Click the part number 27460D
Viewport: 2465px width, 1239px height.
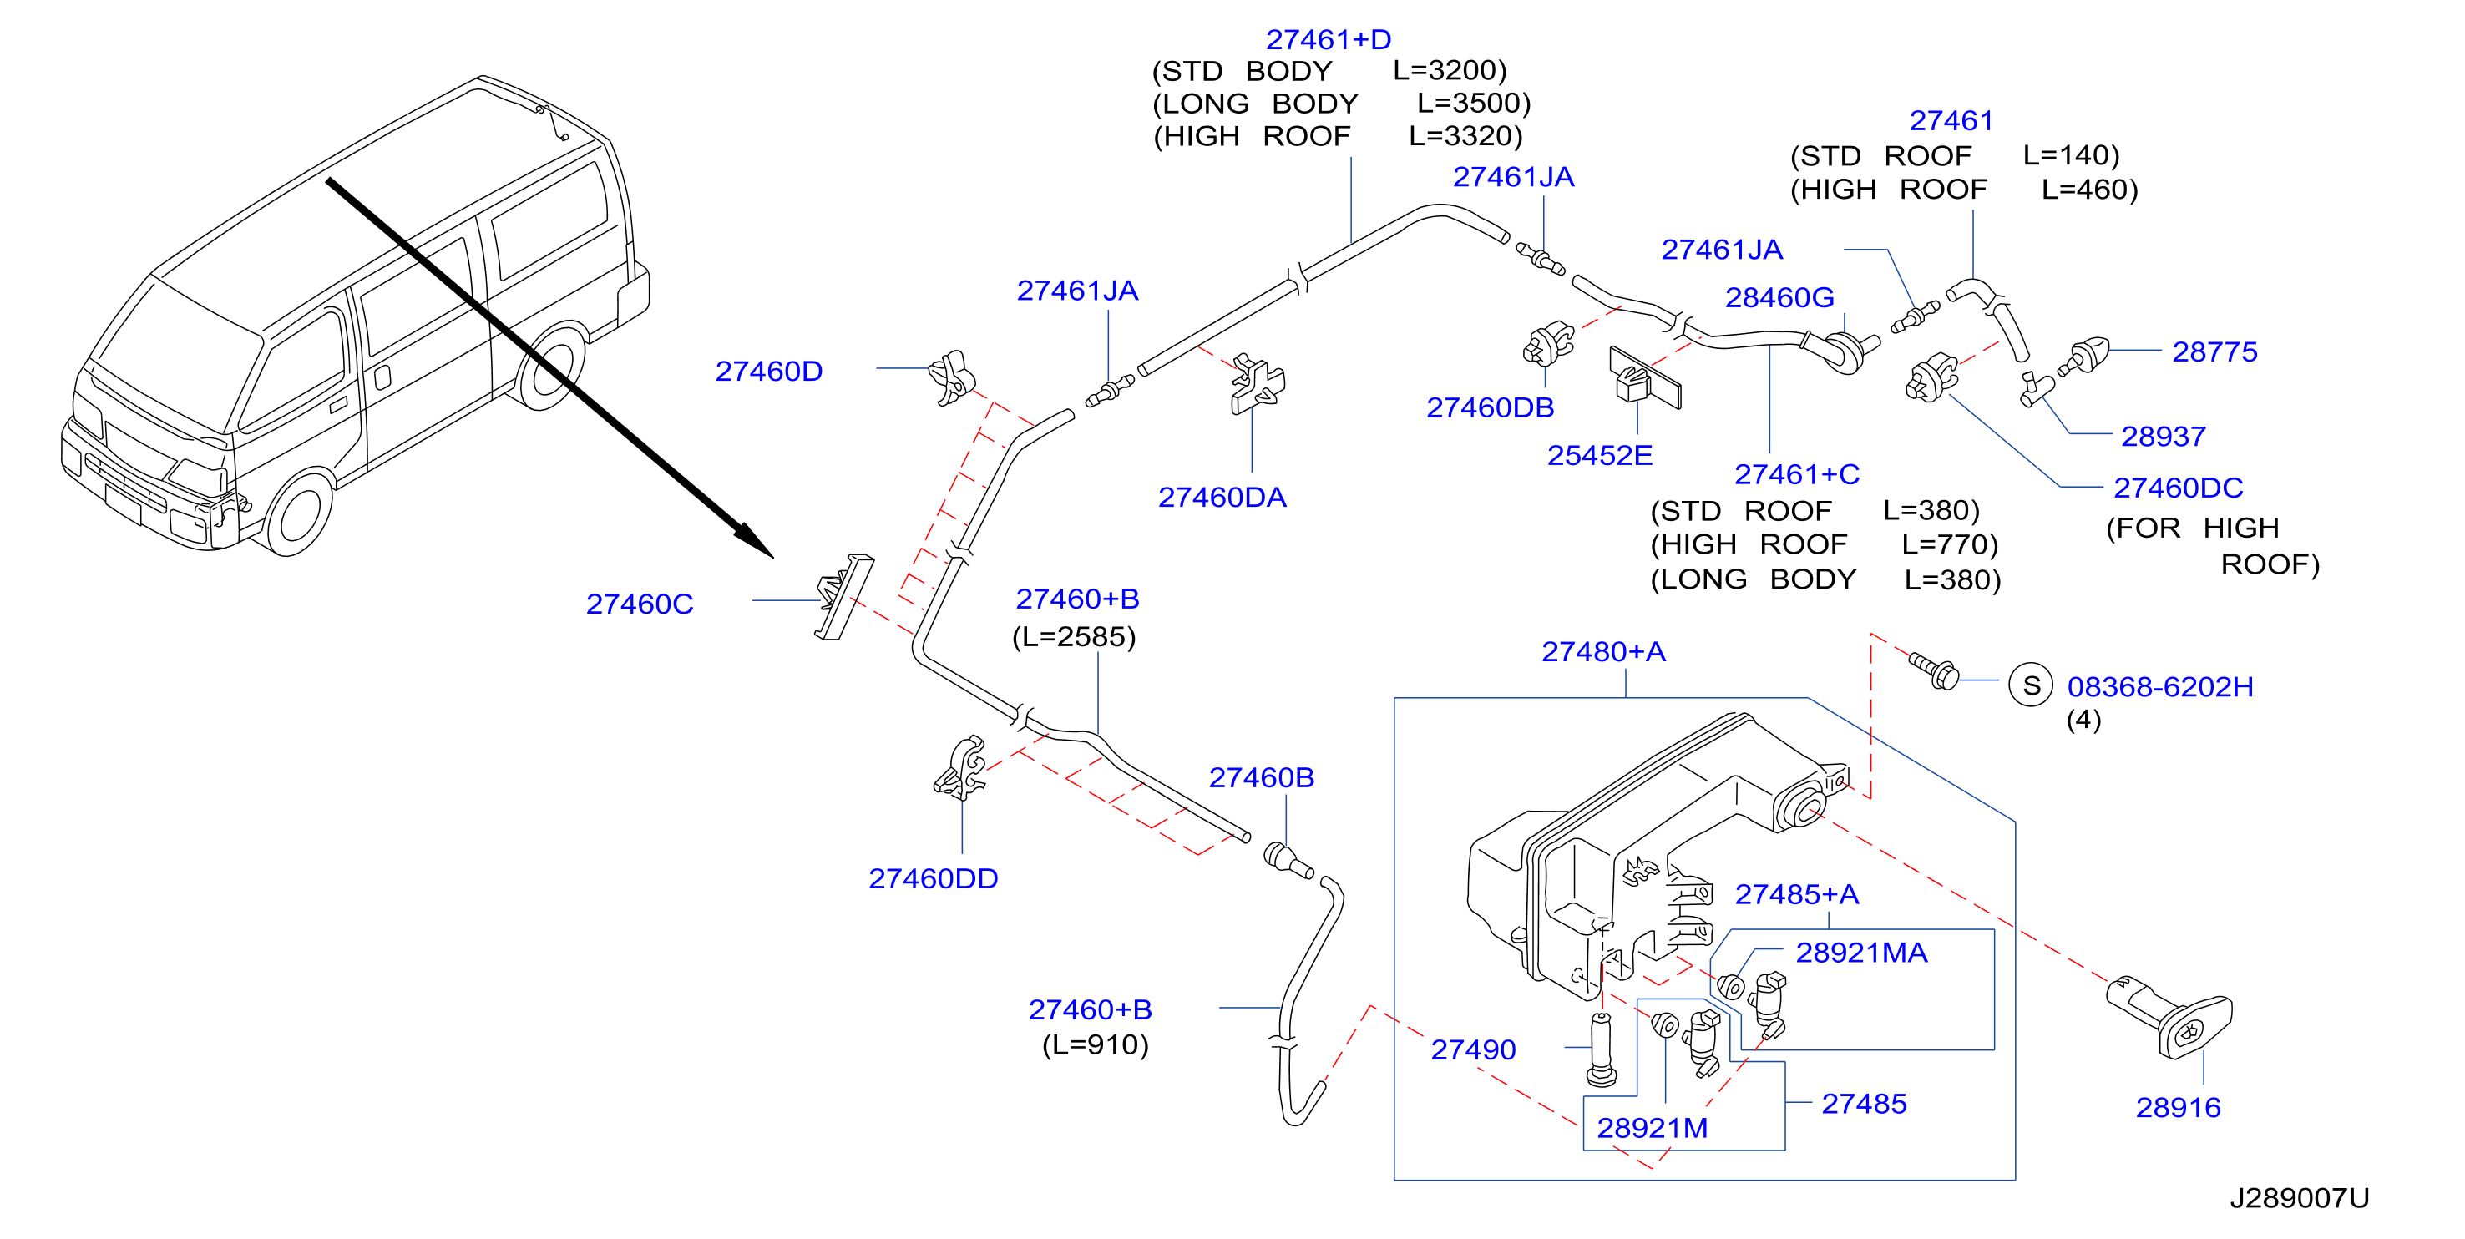(768, 372)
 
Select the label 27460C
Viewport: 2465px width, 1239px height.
(640, 604)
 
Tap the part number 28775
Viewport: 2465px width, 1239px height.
(2214, 352)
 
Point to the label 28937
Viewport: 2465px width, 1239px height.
(2163, 437)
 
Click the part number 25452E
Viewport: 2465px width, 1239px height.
(1600, 455)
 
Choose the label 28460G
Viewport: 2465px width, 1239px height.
(1779, 297)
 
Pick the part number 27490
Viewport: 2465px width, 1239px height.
(1473, 1049)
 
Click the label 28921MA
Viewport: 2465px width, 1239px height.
(1861, 953)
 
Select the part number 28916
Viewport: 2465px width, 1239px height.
(2178, 1107)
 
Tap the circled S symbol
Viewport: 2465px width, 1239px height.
(2031, 685)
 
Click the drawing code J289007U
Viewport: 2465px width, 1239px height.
(2300, 1198)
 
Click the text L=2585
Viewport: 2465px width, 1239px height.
(1074, 637)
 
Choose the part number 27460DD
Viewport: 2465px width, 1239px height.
(933, 878)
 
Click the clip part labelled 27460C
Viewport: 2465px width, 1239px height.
(843, 596)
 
